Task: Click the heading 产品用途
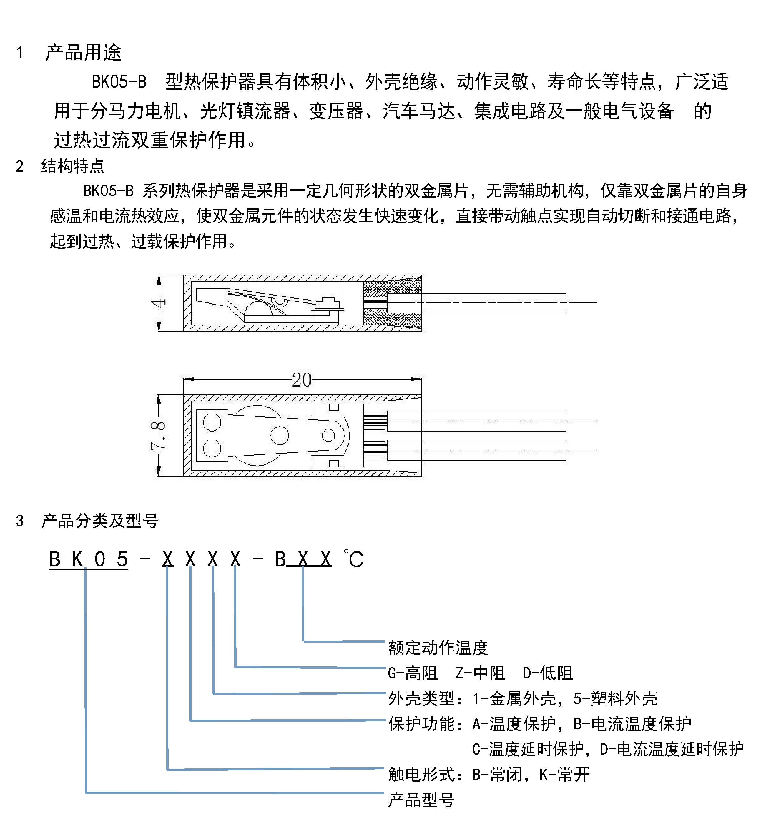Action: click(x=83, y=52)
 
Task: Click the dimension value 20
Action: click(x=302, y=380)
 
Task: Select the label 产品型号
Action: click(x=421, y=800)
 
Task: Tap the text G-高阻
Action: click(x=412, y=673)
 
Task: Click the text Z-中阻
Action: click(x=480, y=673)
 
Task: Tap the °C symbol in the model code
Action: click(x=353, y=559)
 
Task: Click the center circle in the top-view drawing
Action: click(x=279, y=435)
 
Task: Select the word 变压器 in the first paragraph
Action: click(x=336, y=111)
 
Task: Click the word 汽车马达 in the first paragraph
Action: click(x=419, y=111)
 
